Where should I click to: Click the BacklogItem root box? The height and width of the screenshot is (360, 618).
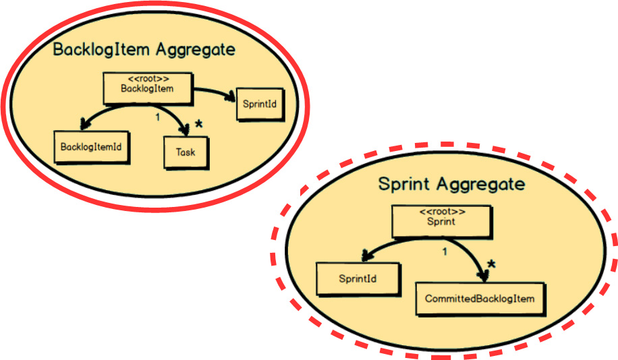coord(148,88)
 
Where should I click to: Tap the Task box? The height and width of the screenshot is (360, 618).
coord(186,152)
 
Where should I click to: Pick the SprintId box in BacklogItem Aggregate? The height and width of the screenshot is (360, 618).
coord(259,104)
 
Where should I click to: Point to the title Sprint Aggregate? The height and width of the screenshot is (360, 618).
coord(451,183)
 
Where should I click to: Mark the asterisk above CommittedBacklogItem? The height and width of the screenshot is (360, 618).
coord(491,264)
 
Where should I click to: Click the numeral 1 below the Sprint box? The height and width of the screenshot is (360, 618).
coord(445,251)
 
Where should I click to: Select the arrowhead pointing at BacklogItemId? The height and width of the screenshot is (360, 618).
coord(84,125)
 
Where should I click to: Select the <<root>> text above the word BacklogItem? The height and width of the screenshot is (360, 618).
coord(148,78)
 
